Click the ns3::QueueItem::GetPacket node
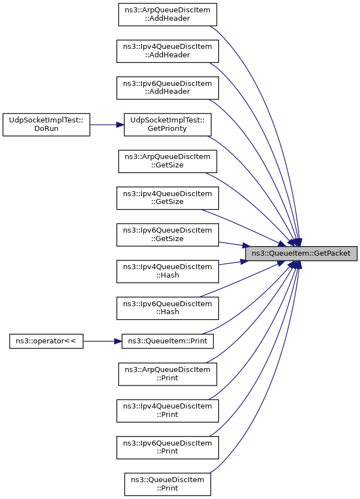point(301,253)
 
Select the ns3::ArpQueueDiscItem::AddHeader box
point(167,14)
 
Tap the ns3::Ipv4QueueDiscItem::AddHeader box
point(167,51)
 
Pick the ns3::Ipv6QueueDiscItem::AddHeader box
point(167,87)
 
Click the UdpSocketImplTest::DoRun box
point(47,124)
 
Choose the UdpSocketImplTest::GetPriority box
point(167,124)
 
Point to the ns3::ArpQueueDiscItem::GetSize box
point(167,161)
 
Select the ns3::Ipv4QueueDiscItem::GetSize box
point(167,198)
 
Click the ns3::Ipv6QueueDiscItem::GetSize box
point(167,234)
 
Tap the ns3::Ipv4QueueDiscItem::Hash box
point(167,271)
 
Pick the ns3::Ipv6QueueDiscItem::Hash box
point(167,308)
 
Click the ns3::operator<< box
point(47,341)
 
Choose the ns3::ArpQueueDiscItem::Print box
point(167,374)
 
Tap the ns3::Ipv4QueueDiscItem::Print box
point(167,410)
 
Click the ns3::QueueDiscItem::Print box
point(167,484)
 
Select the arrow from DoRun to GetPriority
point(107,124)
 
